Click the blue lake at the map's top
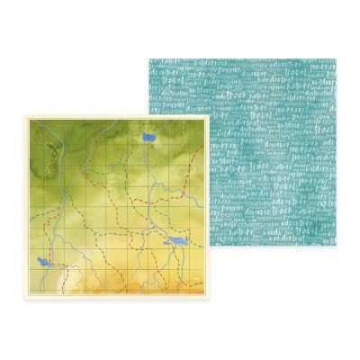click(x=148, y=138)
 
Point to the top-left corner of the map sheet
click(x=19, y=113)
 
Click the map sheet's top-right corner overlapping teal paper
click(x=209, y=113)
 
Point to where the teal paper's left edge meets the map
click(x=148, y=113)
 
